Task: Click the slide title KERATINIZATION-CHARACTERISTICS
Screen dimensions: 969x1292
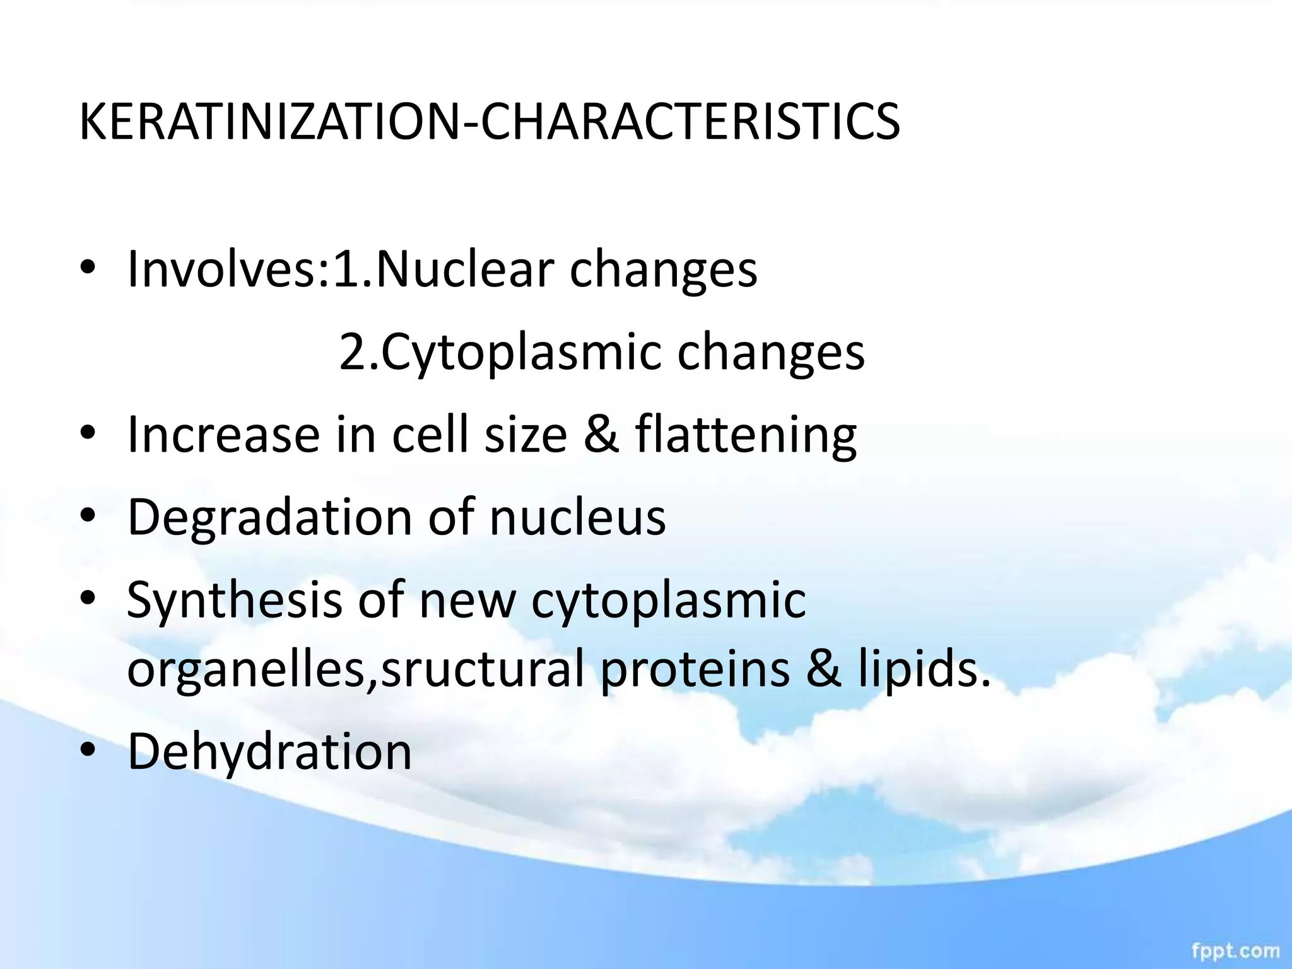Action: click(490, 121)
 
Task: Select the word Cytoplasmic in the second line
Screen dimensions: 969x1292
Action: click(521, 352)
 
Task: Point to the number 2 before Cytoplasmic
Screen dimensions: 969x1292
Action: click(351, 352)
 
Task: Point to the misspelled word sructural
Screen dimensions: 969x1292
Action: click(483, 669)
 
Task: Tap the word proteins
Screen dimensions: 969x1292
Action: click(695, 669)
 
